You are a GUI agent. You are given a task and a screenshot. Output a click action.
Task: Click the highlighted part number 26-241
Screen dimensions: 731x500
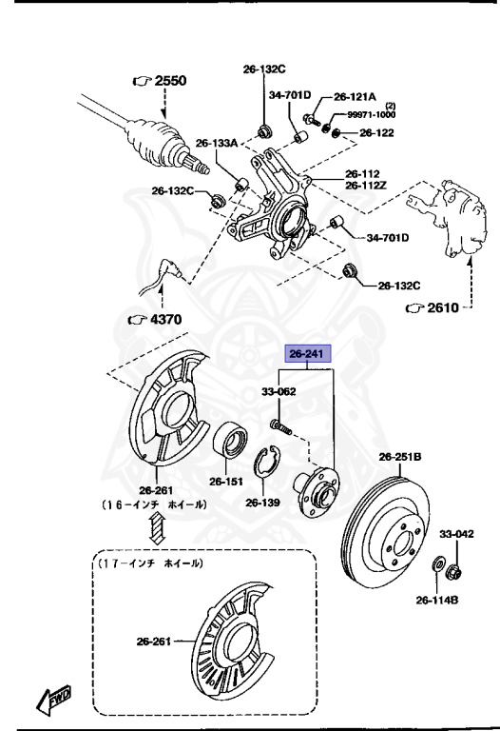click(309, 355)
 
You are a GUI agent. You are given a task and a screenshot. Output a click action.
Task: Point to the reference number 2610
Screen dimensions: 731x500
click(438, 307)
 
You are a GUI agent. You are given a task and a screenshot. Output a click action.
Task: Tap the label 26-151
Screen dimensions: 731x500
click(228, 481)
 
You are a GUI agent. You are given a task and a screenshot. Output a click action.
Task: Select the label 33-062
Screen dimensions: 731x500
click(279, 391)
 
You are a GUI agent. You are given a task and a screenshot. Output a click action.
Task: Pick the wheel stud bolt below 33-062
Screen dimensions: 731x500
click(278, 419)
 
